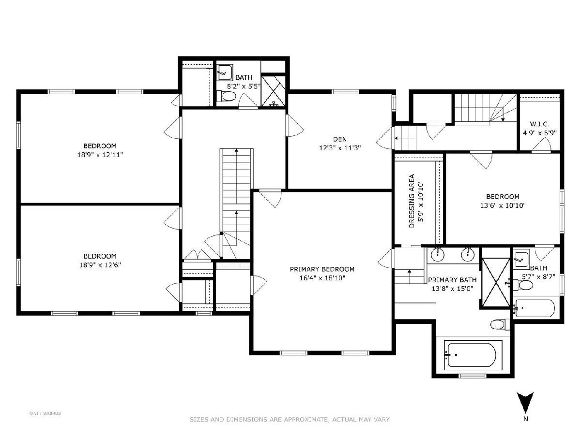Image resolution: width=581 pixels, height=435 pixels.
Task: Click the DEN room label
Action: tap(339, 139)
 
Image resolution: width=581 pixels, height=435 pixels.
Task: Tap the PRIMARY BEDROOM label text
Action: tap(322, 269)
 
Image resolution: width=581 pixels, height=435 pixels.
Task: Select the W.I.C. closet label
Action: tap(539, 124)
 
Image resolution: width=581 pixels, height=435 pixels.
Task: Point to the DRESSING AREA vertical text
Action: tap(412, 201)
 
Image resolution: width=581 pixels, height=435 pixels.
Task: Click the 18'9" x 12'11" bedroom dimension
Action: tap(100, 155)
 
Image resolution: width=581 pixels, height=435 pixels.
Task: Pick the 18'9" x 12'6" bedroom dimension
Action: tap(100, 265)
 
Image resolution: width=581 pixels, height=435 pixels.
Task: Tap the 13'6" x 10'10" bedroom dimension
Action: tap(503, 205)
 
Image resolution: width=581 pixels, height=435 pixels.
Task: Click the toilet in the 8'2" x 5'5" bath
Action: tap(226, 96)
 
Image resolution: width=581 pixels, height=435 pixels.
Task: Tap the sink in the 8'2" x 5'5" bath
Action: tap(225, 72)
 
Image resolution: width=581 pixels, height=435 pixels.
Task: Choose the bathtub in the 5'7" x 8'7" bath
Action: tap(534, 308)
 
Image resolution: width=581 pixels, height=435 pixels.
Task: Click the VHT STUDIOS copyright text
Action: tap(45, 413)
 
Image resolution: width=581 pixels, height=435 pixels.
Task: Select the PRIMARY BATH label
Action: tap(452, 280)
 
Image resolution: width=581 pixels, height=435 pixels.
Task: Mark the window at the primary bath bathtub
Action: tap(473, 376)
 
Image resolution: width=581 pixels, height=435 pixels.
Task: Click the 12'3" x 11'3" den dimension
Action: tap(340, 148)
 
